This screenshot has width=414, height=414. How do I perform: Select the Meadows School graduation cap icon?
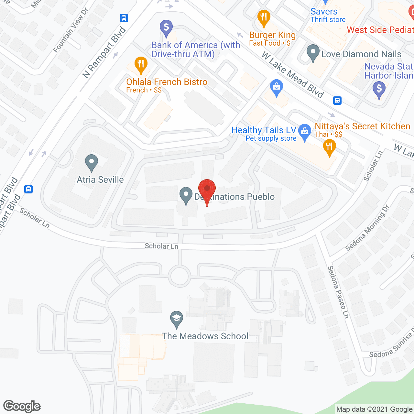(177, 319)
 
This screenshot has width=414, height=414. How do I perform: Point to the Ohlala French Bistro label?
(167, 82)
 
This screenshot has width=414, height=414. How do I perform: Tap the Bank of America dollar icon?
(166, 28)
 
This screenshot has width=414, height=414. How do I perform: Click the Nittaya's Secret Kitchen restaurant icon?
(329, 147)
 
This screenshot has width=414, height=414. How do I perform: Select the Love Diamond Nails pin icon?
(313, 52)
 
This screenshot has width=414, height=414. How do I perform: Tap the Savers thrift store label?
(324, 12)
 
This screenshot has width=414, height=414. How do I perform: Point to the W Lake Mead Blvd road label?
(292, 75)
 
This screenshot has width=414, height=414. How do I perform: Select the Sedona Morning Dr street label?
(367, 228)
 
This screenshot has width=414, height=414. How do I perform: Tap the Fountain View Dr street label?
(71, 31)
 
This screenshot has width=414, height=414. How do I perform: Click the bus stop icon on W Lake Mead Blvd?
(337, 101)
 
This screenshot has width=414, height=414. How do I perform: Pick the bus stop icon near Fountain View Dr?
(124, 18)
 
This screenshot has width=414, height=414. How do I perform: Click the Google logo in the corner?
(22, 406)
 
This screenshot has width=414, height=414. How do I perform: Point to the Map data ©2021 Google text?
(375, 409)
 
